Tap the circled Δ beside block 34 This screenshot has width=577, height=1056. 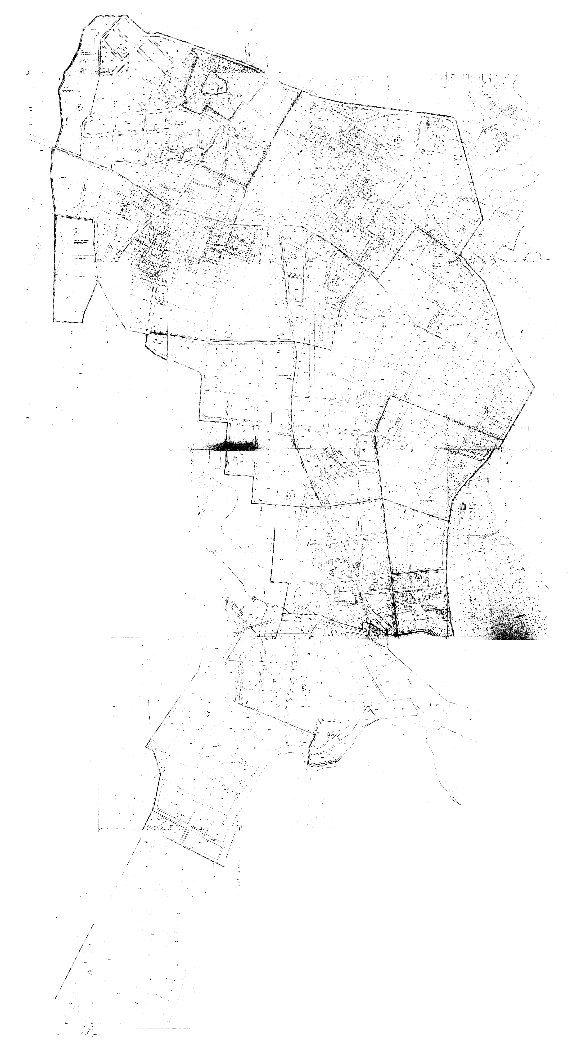[156, 339]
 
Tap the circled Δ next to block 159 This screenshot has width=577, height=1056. [418, 243]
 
